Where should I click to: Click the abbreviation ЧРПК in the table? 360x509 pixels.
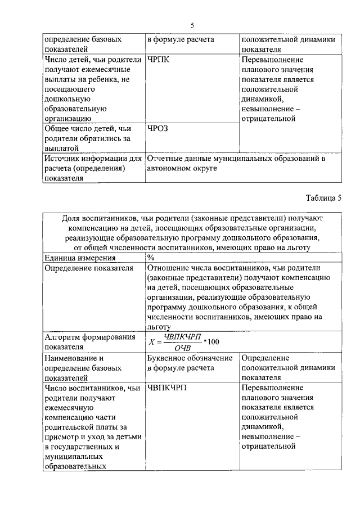[x=159, y=60]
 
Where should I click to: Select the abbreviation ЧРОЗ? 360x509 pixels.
[x=158, y=129]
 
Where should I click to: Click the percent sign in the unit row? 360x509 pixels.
[x=151, y=258]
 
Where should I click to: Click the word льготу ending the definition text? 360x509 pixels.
[x=159, y=326]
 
